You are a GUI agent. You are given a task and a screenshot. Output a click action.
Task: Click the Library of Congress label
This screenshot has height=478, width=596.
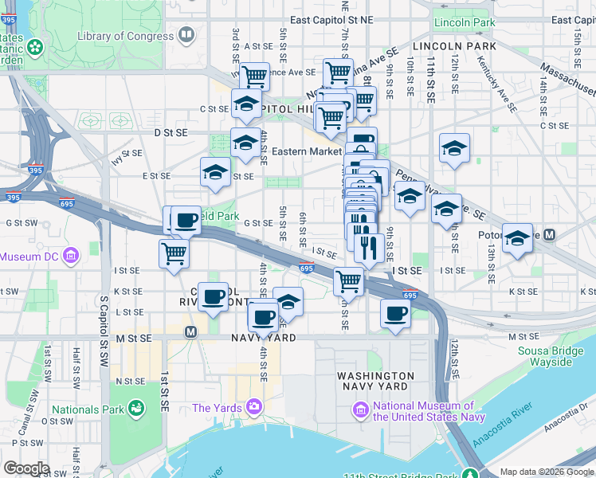(126, 36)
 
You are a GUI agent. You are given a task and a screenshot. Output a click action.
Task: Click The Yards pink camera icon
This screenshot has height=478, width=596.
(254, 408)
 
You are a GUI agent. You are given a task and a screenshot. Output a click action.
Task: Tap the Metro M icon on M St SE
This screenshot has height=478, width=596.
(190, 331)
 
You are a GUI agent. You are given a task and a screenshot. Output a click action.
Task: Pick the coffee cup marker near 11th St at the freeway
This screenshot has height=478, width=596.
(395, 312)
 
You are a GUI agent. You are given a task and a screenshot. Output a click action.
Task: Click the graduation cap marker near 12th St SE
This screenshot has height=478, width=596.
(454, 148)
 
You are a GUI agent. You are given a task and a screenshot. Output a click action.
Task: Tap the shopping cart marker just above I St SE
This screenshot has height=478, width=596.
(348, 280)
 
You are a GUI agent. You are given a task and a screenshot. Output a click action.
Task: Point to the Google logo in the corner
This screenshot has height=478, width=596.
(26, 468)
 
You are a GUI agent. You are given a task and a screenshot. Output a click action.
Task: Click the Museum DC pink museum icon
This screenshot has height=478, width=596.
(70, 257)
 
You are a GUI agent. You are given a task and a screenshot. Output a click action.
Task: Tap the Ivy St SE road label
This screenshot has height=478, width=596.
(127, 152)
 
